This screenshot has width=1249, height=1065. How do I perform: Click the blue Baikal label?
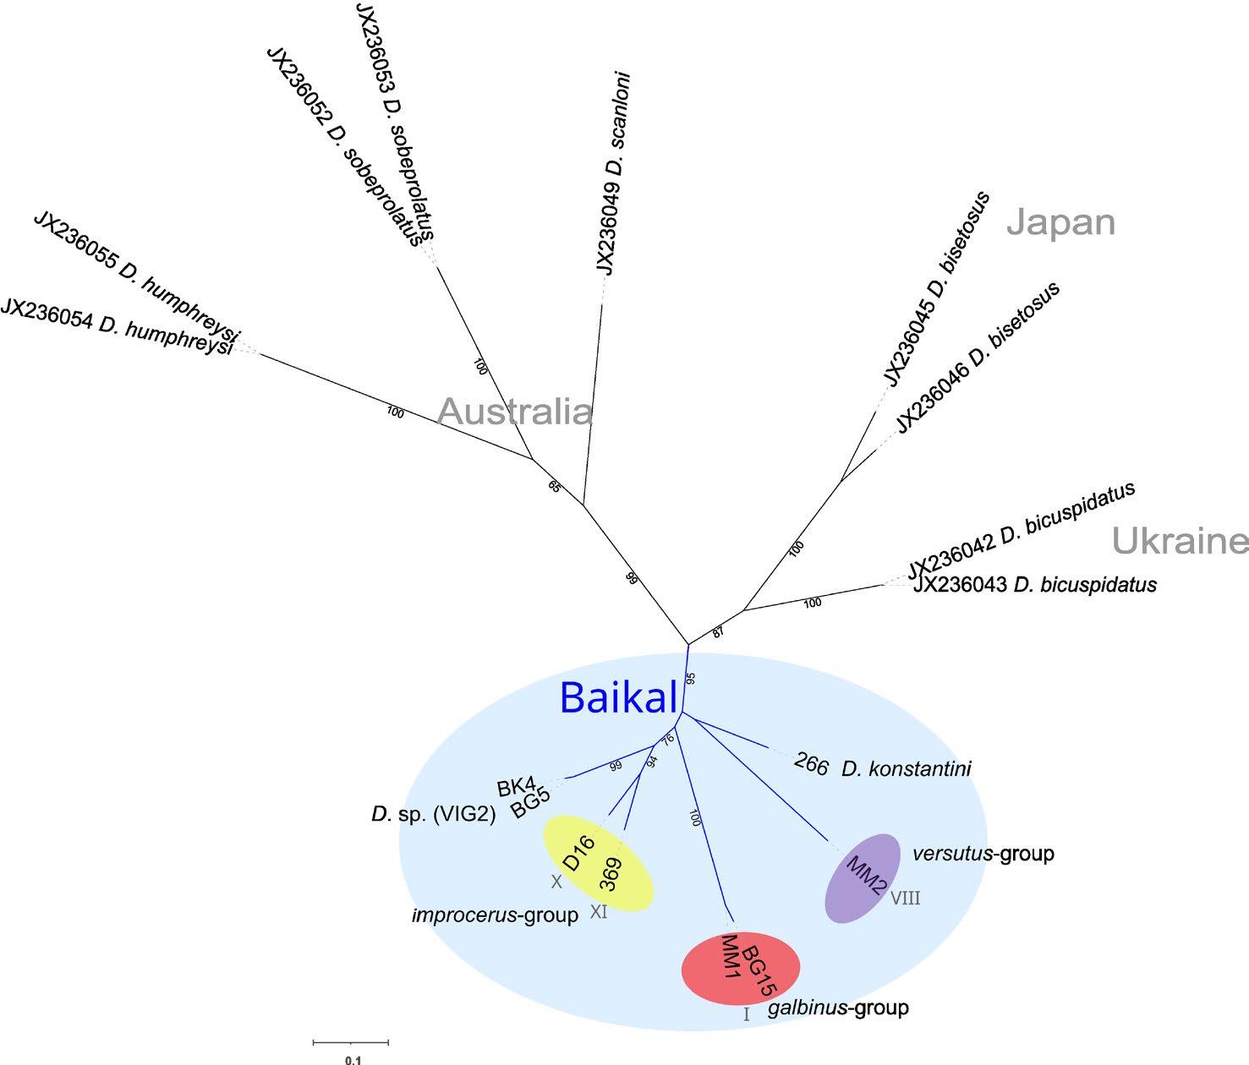tap(618, 698)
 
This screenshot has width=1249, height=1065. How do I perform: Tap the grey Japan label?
tap(1061, 222)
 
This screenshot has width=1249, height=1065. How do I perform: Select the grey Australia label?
tap(515, 412)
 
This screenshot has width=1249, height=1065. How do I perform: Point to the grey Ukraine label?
tap(1180, 541)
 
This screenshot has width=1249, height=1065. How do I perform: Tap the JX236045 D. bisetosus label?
tap(935, 290)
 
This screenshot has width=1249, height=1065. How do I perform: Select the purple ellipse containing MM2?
tap(863, 877)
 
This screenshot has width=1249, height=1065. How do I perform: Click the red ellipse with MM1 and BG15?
tap(741, 969)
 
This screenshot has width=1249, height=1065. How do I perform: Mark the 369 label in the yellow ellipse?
tap(611, 875)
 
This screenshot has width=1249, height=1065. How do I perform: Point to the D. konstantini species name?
tap(906, 769)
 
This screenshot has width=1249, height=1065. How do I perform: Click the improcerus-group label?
tap(495, 915)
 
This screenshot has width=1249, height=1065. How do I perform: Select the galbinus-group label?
tap(838, 1008)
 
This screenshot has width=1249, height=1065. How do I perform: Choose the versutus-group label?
tap(983, 854)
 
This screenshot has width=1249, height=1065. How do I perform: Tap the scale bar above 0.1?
tap(351, 1042)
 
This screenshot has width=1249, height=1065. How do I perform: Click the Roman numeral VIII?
tap(905, 898)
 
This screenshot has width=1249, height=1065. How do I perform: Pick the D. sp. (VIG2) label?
tap(433, 815)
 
